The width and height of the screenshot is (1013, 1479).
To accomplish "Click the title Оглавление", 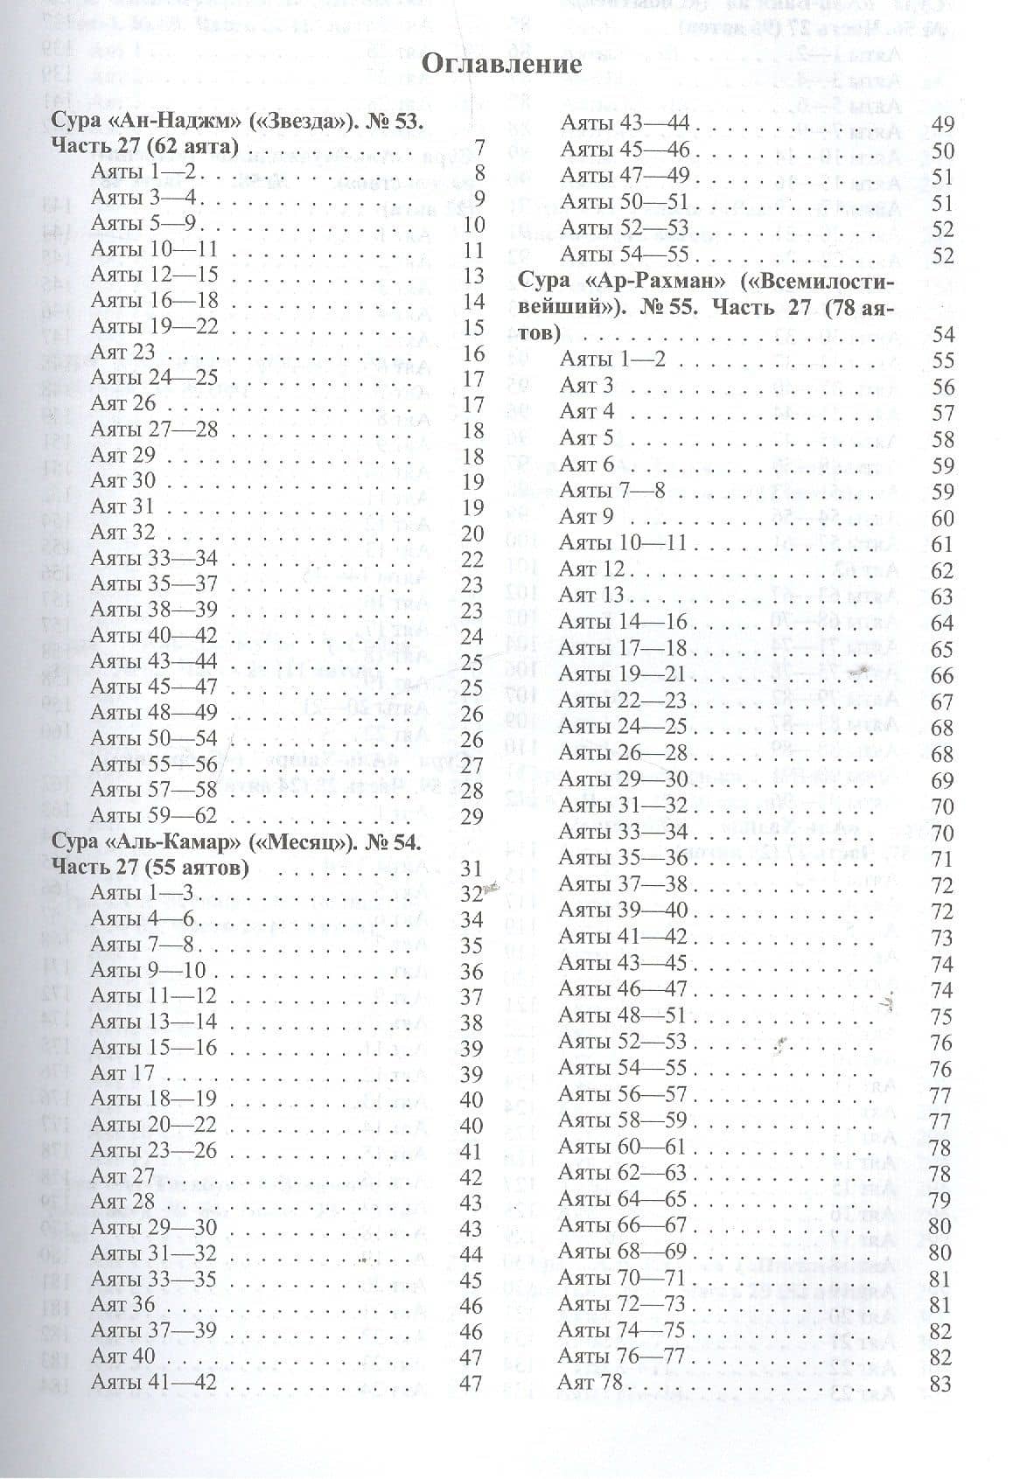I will coord(502,64).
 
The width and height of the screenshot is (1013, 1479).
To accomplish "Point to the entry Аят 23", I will coord(122,352).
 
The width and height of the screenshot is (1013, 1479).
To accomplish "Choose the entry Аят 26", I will coord(122,403).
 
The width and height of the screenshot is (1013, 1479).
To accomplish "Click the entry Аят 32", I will coord(122,532).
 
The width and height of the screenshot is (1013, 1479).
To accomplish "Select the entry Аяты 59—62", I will coord(154,816).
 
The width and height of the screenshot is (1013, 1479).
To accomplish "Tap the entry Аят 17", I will coord(122,1072).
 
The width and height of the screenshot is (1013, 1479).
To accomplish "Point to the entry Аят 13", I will coord(591,596).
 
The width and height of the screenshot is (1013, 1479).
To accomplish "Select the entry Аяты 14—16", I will coord(623,622).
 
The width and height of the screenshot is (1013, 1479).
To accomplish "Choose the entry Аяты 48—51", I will coord(623,1015).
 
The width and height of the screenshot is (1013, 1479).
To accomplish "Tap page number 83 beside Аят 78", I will coord(941,1385).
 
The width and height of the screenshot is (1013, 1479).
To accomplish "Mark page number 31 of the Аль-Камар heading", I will coord(472,869).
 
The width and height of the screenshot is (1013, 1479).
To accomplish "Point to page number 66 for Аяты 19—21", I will coord(941,676).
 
